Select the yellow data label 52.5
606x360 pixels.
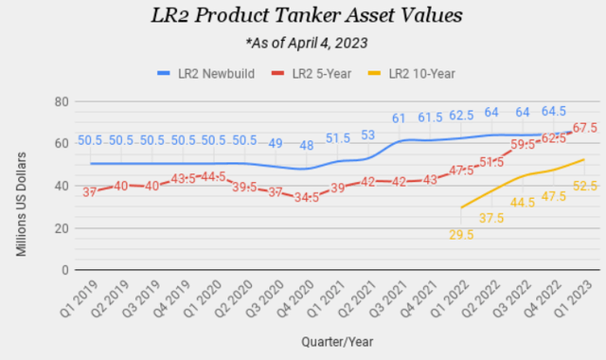point(583,186)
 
